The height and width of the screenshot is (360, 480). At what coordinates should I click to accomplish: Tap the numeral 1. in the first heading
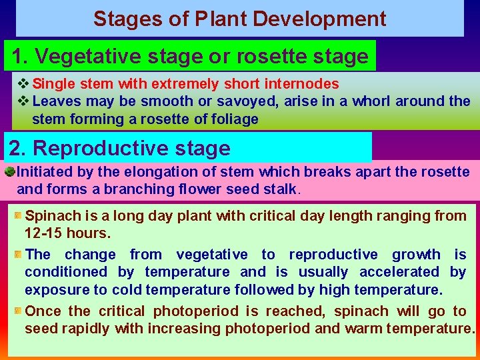click(x=19, y=57)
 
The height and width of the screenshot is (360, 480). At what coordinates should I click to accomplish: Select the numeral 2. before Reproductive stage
click(x=19, y=148)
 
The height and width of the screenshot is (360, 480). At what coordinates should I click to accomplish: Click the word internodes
click(x=306, y=84)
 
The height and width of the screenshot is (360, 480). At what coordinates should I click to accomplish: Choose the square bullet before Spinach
click(x=18, y=216)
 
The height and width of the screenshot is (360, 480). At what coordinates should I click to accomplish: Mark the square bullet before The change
click(x=18, y=255)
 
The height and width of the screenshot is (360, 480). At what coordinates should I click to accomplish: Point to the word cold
click(x=128, y=290)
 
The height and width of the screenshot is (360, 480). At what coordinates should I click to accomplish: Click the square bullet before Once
click(x=18, y=311)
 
